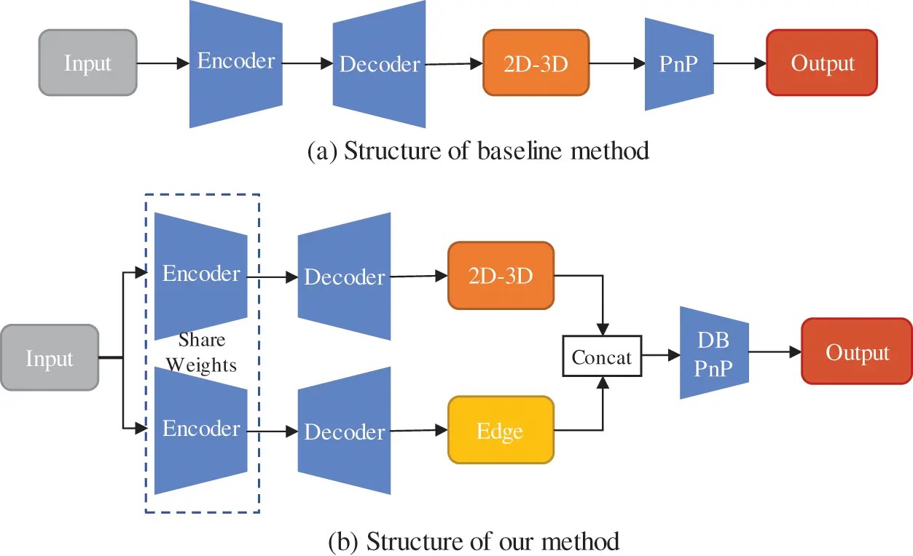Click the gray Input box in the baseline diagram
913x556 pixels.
(x=87, y=63)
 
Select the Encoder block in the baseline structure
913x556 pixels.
(x=236, y=63)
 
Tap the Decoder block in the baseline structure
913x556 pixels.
(x=380, y=64)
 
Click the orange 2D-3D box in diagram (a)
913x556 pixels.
(x=536, y=63)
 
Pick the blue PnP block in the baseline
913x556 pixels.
(x=678, y=64)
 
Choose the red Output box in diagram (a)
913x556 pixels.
(x=822, y=63)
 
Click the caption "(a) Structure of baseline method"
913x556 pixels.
(x=478, y=151)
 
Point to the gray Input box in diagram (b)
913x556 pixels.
(x=50, y=358)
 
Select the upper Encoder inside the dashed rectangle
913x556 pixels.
(x=201, y=275)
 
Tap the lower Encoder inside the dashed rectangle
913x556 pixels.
(x=201, y=429)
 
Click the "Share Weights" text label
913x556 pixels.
(x=202, y=352)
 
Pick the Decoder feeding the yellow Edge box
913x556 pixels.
(x=344, y=432)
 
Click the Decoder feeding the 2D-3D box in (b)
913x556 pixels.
(x=344, y=277)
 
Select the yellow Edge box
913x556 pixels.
(x=501, y=430)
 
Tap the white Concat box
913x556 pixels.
(x=602, y=356)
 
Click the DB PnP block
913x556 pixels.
(x=714, y=353)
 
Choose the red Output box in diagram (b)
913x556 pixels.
(x=857, y=353)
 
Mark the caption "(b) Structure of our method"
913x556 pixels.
(x=474, y=541)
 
